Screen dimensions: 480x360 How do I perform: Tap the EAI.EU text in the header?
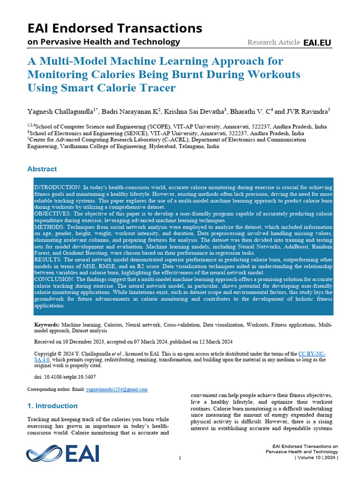pyautogui.click(x=317, y=43)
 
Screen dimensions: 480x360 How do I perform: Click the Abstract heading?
pyautogui.click(x=42, y=169)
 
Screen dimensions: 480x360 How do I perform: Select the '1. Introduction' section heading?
pyautogui.click(x=52, y=406)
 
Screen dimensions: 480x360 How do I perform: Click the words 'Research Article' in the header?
pyautogui.click(x=273, y=43)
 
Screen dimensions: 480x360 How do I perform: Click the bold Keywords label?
pyautogui.click(x=47, y=324)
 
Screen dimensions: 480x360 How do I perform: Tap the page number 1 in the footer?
pyautogui.click(x=180, y=458)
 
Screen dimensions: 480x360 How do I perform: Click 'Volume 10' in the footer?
pyautogui.click(x=309, y=457)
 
